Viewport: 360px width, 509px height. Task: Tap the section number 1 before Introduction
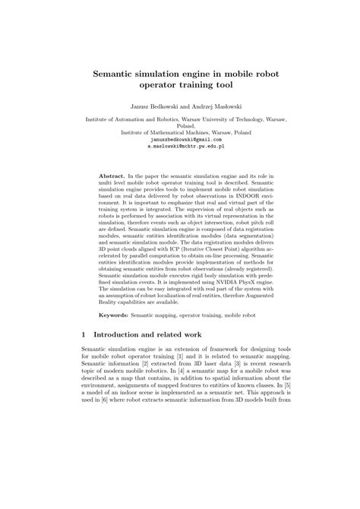[83, 355]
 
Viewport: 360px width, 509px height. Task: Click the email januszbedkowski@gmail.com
[179, 141]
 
